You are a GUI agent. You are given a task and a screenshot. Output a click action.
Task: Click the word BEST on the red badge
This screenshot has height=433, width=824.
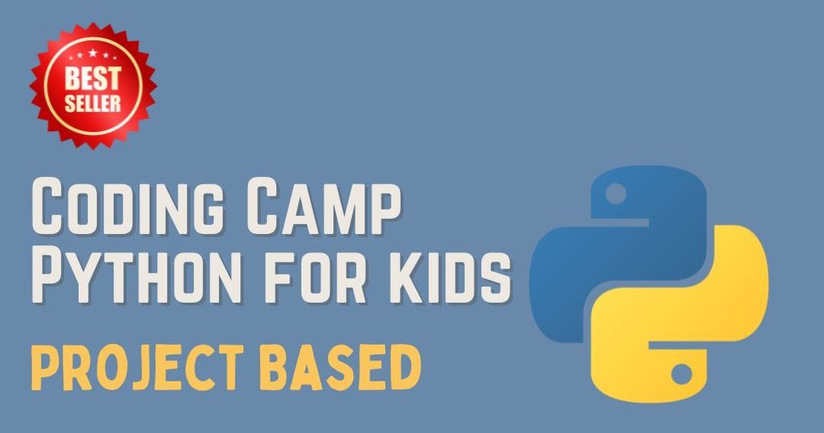click(x=93, y=78)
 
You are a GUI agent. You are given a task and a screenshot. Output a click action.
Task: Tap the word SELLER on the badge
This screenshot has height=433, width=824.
click(x=93, y=102)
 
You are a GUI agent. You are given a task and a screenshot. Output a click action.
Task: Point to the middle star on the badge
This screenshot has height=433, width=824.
click(x=93, y=53)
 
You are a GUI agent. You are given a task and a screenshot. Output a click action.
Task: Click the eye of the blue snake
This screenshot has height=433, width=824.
click(x=616, y=193)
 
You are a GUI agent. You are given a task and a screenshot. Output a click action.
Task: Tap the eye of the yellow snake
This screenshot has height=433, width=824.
click(x=681, y=374)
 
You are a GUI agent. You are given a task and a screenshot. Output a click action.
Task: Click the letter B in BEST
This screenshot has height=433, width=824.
click(x=72, y=79)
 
